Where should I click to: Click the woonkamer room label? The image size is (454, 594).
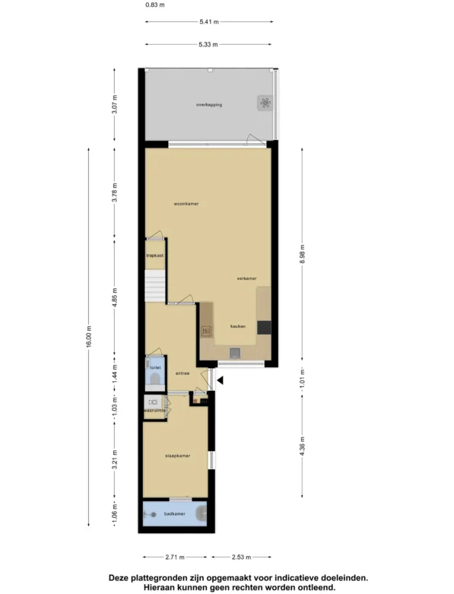coord(186,204)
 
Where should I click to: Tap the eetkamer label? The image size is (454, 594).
coord(246,278)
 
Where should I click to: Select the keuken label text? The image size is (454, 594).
coord(238,326)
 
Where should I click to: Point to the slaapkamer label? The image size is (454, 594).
coord(178,456)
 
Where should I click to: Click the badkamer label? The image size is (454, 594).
coord(175,513)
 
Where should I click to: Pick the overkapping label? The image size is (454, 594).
coord(209,104)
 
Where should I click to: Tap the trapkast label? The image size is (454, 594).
coord(155,256)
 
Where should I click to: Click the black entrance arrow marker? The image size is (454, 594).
coord(220,380)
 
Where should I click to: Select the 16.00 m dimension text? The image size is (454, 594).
coord(89,336)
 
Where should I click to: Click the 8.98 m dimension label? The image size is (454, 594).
coord(302,254)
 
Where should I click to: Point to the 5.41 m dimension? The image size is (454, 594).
coord(209,22)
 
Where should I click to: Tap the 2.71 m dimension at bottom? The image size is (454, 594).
coord(175,557)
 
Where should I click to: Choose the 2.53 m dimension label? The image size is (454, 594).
coord(241,557)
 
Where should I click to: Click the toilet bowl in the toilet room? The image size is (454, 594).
coord(155,379)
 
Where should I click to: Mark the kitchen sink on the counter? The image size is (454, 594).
coord(235,353)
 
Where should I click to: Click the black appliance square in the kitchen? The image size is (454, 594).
coord(264,327)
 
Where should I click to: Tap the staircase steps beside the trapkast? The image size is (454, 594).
coord(155,286)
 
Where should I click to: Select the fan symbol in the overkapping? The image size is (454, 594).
coord(265,103)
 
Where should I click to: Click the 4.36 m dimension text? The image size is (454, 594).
coord(302,447)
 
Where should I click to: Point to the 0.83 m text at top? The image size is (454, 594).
coord(155,5)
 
